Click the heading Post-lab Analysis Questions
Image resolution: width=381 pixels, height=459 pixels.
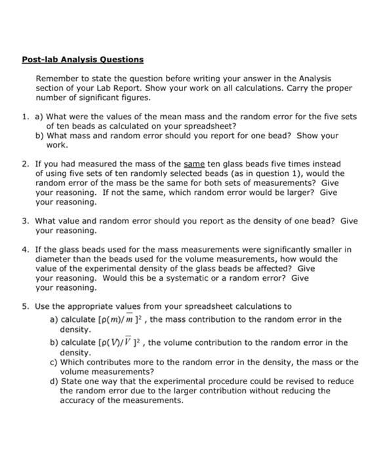(83, 60)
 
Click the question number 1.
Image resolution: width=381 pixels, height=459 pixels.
(24, 117)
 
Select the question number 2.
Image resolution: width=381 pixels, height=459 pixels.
(24, 163)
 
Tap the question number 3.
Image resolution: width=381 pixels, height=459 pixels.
(24, 221)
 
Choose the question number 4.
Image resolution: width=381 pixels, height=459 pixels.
(24, 250)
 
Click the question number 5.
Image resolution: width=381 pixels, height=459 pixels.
(24, 306)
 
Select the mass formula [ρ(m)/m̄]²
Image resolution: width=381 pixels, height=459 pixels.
(125, 319)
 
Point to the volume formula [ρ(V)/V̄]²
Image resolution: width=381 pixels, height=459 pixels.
(125, 342)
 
